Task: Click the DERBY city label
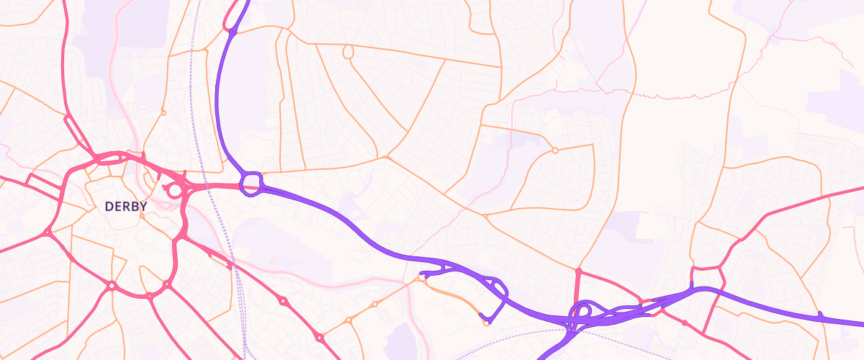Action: click(x=126, y=207)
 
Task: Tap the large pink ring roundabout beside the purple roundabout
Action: click(x=174, y=191)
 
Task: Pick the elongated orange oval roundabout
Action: click(x=348, y=52)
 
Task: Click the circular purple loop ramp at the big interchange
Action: click(x=582, y=311)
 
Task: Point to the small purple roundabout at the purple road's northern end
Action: click(x=233, y=31)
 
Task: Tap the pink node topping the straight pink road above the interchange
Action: click(x=578, y=271)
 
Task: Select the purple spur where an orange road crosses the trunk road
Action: click(x=820, y=315)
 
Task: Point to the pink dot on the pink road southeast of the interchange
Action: click(x=684, y=322)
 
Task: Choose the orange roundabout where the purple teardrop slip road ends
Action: click(x=487, y=322)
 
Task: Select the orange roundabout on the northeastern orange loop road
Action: click(x=554, y=150)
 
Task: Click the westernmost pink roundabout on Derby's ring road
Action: click(x=48, y=233)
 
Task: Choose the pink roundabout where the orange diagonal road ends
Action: click(x=318, y=337)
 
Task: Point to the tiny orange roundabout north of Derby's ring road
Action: click(x=163, y=112)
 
